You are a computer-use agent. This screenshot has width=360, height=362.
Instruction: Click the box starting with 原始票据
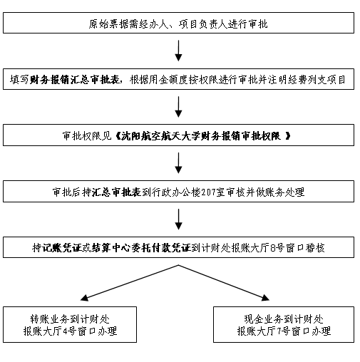(178, 23)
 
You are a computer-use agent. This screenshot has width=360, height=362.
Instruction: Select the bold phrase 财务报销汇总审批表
(74, 80)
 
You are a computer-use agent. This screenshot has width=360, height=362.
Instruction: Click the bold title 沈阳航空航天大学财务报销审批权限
(201, 136)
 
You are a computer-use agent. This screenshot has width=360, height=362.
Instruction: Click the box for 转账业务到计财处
(70, 324)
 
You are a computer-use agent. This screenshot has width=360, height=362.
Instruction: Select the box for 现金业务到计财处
(284, 324)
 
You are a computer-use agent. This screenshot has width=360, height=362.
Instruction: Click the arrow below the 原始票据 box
(178, 51)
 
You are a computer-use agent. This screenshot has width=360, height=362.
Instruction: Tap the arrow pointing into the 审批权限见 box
(178, 107)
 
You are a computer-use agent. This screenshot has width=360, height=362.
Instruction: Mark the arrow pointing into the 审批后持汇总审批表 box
(178, 163)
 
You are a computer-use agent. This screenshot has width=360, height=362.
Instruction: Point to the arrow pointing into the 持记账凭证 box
(178, 219)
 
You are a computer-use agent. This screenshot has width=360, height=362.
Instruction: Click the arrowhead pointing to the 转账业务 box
(84, 298)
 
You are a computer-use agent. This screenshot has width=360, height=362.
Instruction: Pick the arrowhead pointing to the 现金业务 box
(265, 298)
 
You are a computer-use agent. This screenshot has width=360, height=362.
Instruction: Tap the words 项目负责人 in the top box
(203, 24)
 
